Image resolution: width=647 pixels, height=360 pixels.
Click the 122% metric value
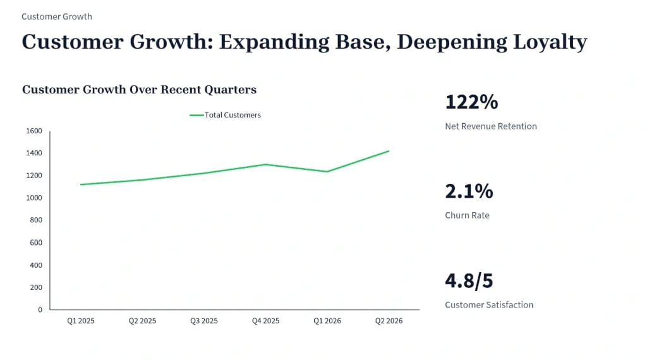(x=471, y=102)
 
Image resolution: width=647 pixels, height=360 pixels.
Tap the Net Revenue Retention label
(x=490, y=126)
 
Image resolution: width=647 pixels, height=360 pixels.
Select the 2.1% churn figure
(x=469, y=191)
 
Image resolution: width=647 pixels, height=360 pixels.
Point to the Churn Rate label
(x=467, y=215)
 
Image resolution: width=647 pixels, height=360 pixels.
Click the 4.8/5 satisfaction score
(x=469, y=281)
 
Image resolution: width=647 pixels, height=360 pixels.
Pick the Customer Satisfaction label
(x=489, y=305)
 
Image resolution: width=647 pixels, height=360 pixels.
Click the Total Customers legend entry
(x=226, y=115)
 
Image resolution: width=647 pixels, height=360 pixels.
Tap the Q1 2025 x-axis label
(x=81, y=321)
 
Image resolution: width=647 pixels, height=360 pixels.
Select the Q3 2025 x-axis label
(x=204, y=321)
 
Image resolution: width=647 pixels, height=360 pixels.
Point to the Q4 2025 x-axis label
(x=266, y=321)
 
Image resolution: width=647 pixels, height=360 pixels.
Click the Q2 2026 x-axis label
(x=389, y=321)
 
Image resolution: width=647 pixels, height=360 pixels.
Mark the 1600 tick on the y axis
(x=34, y=131)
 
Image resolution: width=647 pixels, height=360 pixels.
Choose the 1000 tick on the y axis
(x=34, y=198)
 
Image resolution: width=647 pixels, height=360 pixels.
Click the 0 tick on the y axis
(x=40, y=309)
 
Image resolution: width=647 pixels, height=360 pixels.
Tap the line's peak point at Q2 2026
(x=389, y=151)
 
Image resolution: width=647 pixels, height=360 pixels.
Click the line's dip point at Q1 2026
(x=327, y=172)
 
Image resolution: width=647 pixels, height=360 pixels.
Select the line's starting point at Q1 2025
(x=81, y=184)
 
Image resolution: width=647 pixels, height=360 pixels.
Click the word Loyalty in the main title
(x=550, y=42)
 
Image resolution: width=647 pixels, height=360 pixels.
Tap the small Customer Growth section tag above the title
(x=57, y=16)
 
